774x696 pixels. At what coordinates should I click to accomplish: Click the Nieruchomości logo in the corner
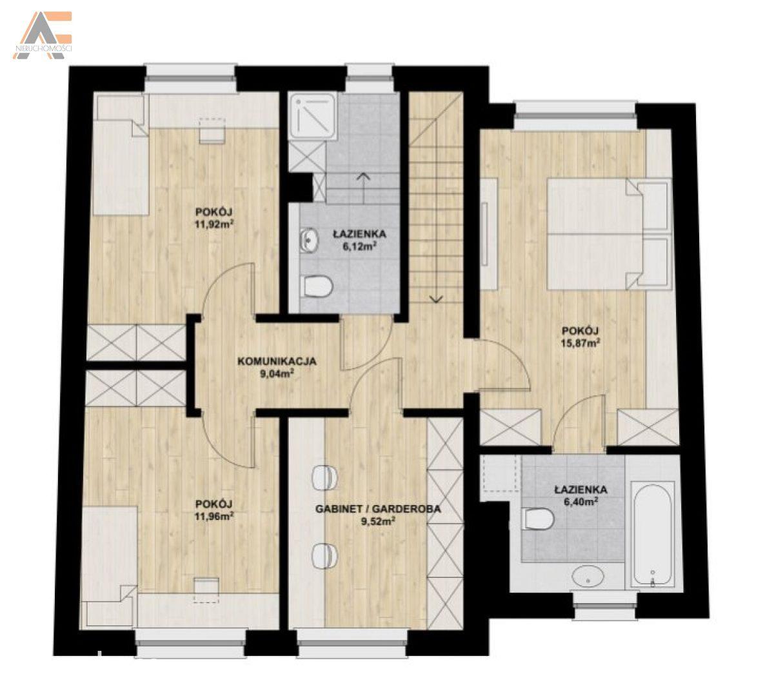click(43, 35)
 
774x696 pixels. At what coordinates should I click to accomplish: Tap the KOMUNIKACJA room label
click(277, 361)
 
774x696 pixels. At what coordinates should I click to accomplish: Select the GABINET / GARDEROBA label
click(378, 509)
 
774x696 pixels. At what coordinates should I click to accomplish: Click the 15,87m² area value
click(580, 343)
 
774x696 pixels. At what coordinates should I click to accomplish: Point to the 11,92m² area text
click(215, 224)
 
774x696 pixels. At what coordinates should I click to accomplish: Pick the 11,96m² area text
click(214, 517)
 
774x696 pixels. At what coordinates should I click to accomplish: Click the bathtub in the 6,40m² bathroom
click(653, 535)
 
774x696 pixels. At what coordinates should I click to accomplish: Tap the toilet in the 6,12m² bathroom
click(318, 286)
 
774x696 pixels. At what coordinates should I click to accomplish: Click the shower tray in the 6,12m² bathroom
click(313, 115)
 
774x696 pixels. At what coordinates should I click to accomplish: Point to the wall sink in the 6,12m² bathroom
click(308, 240)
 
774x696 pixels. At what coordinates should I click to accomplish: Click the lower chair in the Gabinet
click(324, 555)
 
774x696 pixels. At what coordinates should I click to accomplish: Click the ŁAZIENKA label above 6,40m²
click(580, 490)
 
